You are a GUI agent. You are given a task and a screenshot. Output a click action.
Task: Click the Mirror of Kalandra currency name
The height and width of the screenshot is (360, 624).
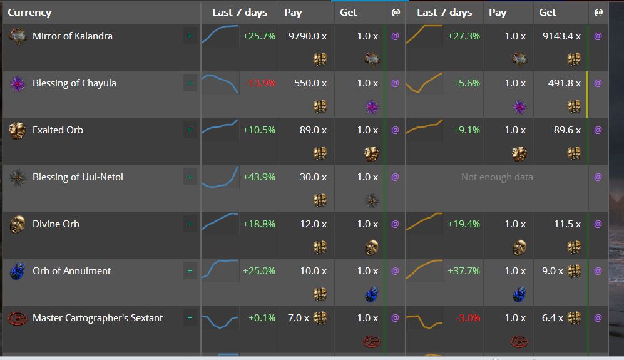click(x=72, y=36)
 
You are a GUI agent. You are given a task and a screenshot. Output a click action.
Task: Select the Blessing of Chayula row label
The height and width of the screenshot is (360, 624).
click(x=74, y=83)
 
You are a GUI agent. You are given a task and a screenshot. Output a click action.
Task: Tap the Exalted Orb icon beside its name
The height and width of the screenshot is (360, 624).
click(x=17, y=130)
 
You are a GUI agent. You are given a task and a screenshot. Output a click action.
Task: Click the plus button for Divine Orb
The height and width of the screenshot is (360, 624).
click(x=190, y=224)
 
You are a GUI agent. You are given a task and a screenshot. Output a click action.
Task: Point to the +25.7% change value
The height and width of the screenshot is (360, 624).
click(x=259, y=36)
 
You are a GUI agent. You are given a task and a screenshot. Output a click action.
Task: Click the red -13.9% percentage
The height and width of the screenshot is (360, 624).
click(x=260, y=83)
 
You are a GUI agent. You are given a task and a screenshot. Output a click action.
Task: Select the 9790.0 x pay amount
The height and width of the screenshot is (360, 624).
click(x=307, y=36)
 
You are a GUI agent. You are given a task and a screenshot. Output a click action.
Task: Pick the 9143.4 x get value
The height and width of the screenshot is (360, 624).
click(x=561, y=36)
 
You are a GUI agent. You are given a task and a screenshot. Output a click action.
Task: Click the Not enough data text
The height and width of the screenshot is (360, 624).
click(x=497, y=177)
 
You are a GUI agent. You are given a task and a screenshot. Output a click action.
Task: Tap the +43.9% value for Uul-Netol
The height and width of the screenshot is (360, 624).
click(x=259, y=177)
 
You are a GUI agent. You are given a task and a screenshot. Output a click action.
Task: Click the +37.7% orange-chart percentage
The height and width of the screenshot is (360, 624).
click(x=464, y=271)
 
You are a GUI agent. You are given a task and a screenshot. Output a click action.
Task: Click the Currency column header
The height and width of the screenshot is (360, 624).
click(x=29, y=13)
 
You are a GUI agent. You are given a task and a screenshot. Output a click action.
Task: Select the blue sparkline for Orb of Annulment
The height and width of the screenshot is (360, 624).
click(x=219, y=269)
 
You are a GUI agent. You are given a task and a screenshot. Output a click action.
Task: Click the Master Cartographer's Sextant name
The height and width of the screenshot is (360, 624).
click(x=97, y=318)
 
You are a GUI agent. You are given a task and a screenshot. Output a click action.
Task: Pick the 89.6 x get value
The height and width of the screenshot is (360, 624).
click(x=567, y=130)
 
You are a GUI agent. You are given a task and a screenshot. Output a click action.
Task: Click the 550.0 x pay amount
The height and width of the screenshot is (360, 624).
click(x=310, y=83)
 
